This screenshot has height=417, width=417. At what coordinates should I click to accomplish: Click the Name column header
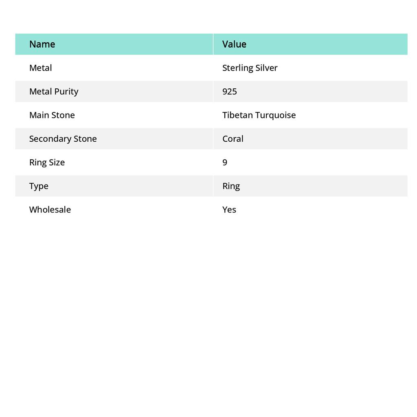[42, 44]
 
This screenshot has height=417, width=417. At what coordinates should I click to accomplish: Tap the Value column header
[234, 44]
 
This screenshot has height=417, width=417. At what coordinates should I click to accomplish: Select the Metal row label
[40, 68]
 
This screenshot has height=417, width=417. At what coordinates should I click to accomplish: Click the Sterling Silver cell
[250, 68]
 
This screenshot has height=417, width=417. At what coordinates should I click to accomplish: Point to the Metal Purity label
[53, 91]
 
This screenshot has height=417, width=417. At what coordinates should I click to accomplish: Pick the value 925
[230, 91]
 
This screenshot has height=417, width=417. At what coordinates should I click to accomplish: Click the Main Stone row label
[52, 115]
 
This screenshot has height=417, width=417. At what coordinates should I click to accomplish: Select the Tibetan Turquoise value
[259, 115]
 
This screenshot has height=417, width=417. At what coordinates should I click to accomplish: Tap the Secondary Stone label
[63, 138]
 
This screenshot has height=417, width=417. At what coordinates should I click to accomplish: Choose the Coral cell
[233, 138]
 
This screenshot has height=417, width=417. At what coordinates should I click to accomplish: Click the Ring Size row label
[47, 162]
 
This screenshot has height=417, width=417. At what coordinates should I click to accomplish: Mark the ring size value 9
[225, 162]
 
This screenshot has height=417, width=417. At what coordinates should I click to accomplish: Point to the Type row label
[39, 186]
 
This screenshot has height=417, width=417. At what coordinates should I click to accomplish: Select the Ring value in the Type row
[231, 186]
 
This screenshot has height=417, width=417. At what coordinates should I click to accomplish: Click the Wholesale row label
[50, 209]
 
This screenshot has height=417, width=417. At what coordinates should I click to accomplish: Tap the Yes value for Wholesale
[229, 209]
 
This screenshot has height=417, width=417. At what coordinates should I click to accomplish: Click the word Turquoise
[276, 115]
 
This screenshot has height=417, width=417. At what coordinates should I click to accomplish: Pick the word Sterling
[237, 68]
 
